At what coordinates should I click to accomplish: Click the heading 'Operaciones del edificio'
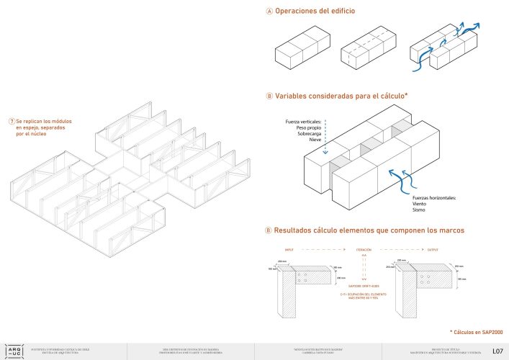point(316,12)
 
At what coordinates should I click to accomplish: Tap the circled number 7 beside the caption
point(12,122)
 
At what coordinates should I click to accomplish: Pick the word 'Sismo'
point(420,210)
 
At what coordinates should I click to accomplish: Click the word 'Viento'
point(421,203)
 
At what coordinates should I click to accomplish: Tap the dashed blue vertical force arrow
point(326,137)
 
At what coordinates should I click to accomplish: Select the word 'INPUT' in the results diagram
point(289,250)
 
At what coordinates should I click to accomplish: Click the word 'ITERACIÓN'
point(364,250)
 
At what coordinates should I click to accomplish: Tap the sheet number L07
point(497,351)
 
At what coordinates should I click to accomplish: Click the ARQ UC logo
point(13,349)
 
